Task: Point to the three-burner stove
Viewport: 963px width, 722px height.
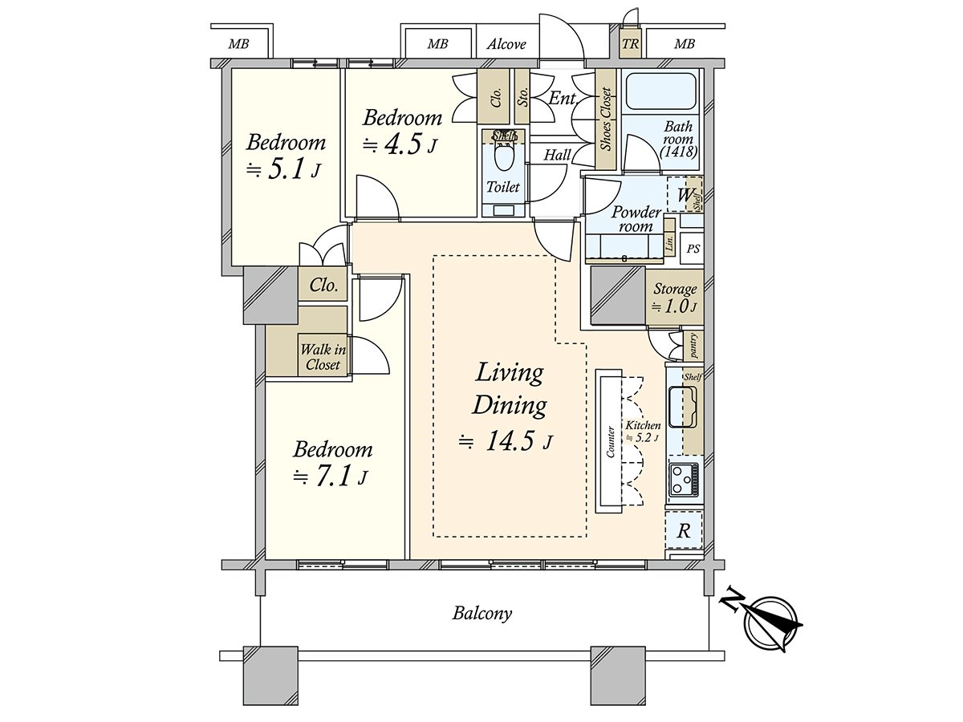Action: pos(684,478)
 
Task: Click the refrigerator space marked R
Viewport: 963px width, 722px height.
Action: pos(684,530)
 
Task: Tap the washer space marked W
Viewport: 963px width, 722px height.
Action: pos(685,194)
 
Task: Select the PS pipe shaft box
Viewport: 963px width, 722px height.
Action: pos(692,249)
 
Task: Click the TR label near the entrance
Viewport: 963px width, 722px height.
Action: pos(631,44)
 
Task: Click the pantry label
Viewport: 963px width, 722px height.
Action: pos(693,346)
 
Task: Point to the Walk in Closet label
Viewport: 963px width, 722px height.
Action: pos(323,357)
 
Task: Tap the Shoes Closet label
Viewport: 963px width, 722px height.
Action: pos(606,120)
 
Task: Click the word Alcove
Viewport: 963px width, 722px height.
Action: pos(506,44)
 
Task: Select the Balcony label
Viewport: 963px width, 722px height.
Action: pos(482,613)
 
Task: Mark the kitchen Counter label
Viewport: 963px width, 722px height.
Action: pos(610,442)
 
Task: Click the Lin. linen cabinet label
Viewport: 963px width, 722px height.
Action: pos(669,241)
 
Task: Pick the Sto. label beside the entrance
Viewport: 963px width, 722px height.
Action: pos(522,96)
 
